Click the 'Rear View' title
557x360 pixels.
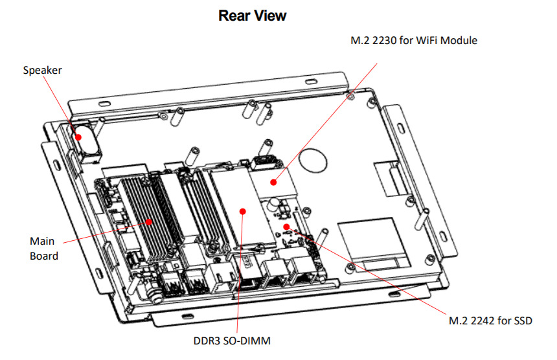pos(253,16)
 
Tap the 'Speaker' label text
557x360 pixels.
pos(42,70)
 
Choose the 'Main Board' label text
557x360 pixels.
pos(43,248)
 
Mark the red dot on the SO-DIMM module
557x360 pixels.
pos(242,210)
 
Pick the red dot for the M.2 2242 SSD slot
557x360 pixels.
pos(286,226)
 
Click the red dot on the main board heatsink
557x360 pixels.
pos(150,221)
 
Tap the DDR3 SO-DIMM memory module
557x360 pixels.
pos(240,204)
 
